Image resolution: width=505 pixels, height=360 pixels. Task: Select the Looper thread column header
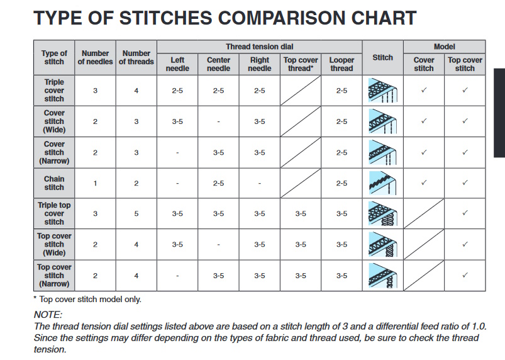click(x=341, y=64)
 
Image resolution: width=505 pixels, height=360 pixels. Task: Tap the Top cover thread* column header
click(x=301, y=64)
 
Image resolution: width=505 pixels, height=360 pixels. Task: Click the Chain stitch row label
click(x=54, y=183)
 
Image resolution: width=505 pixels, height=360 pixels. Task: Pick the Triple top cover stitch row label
click(x=54, y=213)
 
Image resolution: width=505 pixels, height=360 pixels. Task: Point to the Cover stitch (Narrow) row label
click(x=54, y=152)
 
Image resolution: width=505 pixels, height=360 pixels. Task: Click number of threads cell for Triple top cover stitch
click(x=136, y=214)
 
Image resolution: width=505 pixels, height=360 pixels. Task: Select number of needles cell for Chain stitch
click(x=95, y=183)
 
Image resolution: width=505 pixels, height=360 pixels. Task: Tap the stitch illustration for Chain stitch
click(x=382, y=183)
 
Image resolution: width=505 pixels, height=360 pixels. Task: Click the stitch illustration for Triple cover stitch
click(x=382, y=90)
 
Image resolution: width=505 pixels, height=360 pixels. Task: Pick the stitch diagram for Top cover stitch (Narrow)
click(x=382, y=276)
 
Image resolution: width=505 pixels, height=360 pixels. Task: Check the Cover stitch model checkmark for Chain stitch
click(x=424, y=183)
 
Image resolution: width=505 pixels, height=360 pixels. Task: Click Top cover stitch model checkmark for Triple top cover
click(x=465, y=213)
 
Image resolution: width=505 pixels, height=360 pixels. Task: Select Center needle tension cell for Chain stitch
click(x=218, y=183)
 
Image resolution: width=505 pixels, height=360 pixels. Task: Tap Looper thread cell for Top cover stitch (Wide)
click(x=341, y=245)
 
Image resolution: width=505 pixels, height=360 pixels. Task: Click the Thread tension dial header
click(x=259, y=47)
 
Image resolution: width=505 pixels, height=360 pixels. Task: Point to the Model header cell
click(x=444, y=47)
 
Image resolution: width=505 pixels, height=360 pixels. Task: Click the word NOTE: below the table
click(x=48, y=315)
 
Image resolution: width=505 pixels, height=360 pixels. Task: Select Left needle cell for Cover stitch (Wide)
click(x=177, y=121)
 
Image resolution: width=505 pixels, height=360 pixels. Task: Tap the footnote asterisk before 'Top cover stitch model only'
click(x=35, y=298)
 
